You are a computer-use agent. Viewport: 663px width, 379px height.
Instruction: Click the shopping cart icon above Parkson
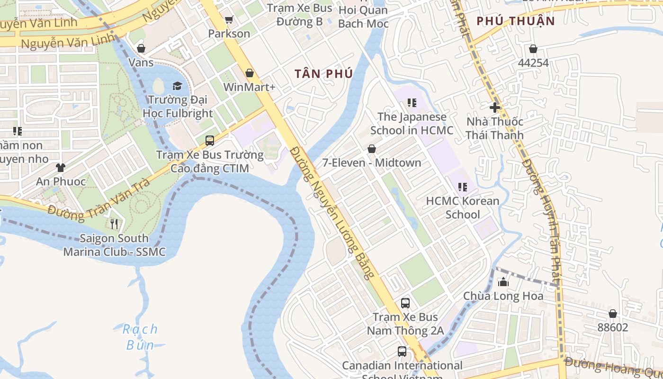pyautogui.click(x=229, y=19)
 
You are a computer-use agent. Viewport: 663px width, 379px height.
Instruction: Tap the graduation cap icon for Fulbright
pyautogui.click(x=177, y=86)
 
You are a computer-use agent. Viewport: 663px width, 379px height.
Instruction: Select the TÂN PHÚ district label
pyautogui.click(x=323, y=74)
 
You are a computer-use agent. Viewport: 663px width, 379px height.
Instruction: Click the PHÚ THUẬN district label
pyautogui.click(x=515, y=21)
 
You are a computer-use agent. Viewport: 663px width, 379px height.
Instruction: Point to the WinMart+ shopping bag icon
pyautogui.click(x=250, y=73)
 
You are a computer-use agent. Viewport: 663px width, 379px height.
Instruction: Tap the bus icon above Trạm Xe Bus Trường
pyautogui.click(x=210, y=141)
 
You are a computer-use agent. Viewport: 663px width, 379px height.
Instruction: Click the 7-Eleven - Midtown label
pyautogui.click(x=371, y=162)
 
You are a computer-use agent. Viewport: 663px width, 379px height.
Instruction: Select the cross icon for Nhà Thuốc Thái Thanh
pyautogui.click(x=495, y=108)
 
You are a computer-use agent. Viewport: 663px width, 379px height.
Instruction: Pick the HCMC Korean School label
pyautogui.click(x=462, y=208)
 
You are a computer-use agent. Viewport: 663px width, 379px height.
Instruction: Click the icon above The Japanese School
pyautogui.click(x=412, y=103)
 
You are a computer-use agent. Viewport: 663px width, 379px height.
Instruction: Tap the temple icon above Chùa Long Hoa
pyautogui.click(x=503, y=282)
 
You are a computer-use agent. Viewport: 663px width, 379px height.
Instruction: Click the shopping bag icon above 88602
pyautogui.click(x=612, y=314)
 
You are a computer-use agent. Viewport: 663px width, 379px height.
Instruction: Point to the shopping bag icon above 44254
pyautogui.click(x=533, y=49)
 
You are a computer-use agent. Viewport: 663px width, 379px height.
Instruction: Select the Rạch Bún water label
pyautogui.click(x=140, y=337)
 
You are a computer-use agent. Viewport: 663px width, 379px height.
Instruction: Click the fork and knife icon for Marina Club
pyautogui.click(x=114, y=224)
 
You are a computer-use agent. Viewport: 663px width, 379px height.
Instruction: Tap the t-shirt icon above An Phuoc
pyautogui.click(x=61, y=167)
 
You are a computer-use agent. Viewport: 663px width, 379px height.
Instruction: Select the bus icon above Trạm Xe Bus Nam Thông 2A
pyautogui.click(x=405, y=303)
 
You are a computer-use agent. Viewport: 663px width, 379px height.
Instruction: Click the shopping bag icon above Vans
pyautogui.click(x=141, y=48)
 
